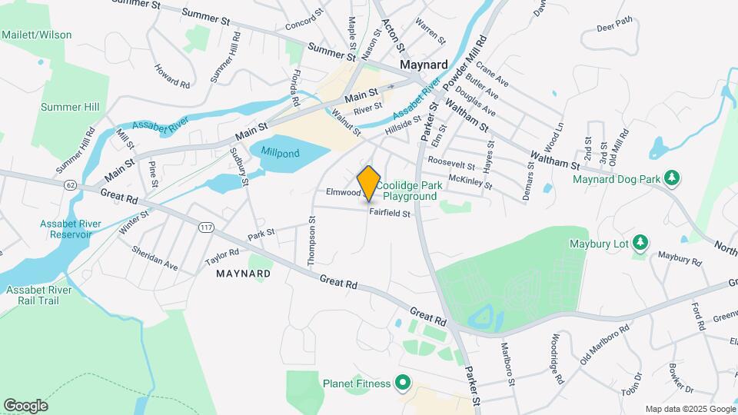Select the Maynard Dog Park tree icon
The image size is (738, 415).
point(673,178)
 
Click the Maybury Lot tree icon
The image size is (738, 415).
point(640,244)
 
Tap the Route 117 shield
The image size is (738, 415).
point(206,227)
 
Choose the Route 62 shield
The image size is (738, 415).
point(71,185)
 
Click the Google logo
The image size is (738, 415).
point(25,405)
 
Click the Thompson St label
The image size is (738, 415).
point(312,241)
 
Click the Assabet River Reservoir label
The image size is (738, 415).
point(70,229)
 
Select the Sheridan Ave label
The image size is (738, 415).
point(155,258)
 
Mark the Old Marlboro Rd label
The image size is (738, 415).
point(604,341)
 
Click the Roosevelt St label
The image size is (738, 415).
point(452,163)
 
